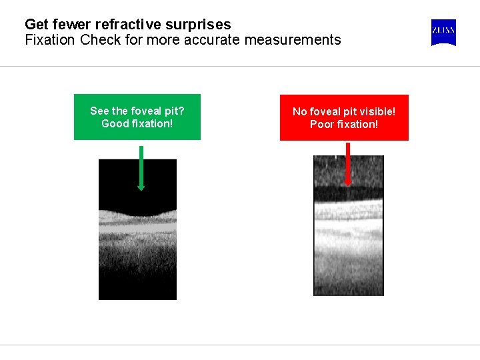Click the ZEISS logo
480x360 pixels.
443,33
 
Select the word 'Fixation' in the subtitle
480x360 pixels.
50,40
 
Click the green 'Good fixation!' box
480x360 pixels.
137,117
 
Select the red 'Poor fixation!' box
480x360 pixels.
344,117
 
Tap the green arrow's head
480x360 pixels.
141,186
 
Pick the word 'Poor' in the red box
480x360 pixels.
323,125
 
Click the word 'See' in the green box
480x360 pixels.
99,111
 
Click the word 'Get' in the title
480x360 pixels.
35,25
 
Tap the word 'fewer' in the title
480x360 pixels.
69,25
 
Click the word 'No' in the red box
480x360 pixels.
300,111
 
